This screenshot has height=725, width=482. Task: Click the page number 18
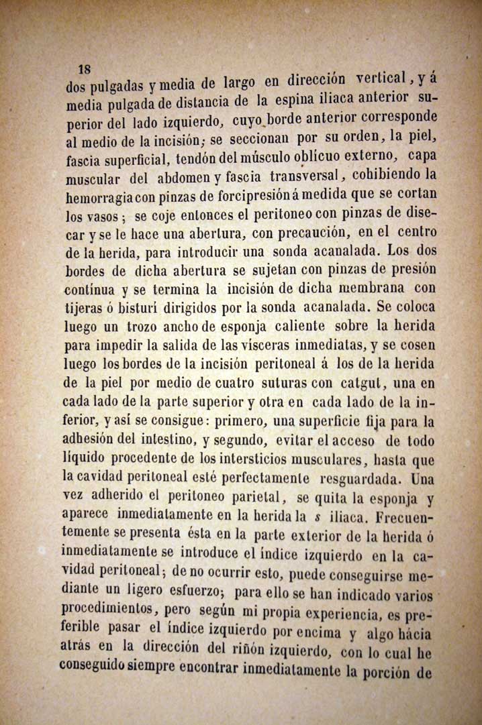(x=85, y=69)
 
